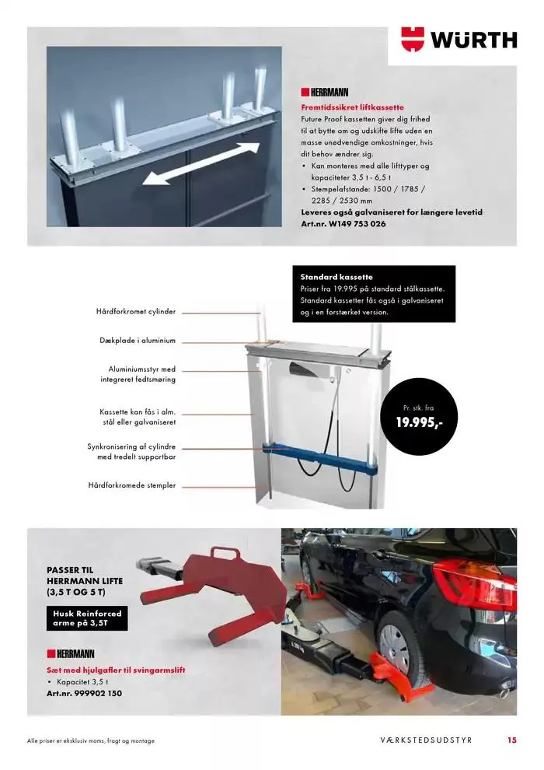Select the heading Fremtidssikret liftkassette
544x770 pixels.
352,107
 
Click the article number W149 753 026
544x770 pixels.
343,223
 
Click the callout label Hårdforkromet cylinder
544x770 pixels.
136,311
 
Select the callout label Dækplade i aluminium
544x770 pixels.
138,341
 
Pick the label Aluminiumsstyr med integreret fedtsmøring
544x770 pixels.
138,374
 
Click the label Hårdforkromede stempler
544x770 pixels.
132,485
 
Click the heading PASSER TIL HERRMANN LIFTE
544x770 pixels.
85,581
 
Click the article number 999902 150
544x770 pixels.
84,692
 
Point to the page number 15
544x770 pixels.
511,740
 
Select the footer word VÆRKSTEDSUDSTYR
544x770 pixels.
426,740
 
